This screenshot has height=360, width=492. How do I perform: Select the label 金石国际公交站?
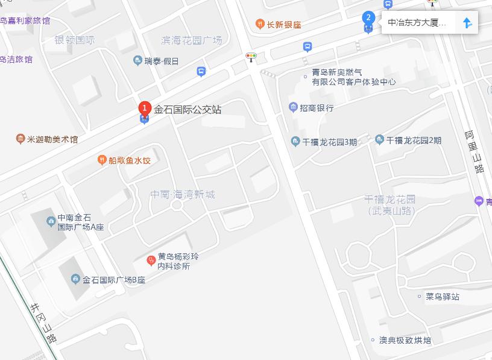(x=188, y=110)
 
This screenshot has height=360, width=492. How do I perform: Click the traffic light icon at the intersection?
(x=251, y=57)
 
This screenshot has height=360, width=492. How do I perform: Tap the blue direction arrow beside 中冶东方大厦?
(x=467, y=23)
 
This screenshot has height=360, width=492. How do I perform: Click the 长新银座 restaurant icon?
(x=259, y=24)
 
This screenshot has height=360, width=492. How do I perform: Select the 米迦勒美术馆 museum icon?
(x=20, y=139)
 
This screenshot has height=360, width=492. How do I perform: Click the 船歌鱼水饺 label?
(x=129, y=160)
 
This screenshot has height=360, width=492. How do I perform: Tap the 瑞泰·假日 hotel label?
(x=161, y=61)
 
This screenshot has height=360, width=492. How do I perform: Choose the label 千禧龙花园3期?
(x=329, y=142)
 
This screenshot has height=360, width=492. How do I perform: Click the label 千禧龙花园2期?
(x=414, y=141)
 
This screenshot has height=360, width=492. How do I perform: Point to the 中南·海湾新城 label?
(x=183, y=195)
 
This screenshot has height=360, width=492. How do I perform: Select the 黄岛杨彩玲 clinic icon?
(x=151, y=261)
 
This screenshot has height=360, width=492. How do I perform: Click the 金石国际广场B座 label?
(x=114, y=280)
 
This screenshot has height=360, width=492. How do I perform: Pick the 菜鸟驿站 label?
(x=443, y=297)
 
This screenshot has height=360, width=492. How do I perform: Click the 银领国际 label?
(x=75, y=40)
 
